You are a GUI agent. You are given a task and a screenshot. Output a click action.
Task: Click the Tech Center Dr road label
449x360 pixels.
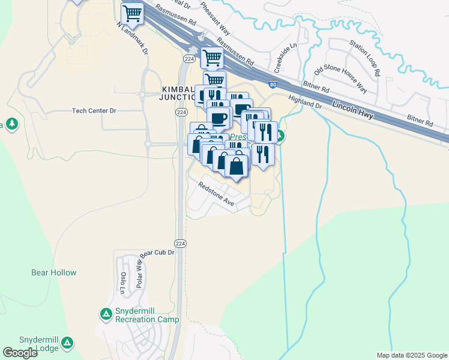click(94, 111)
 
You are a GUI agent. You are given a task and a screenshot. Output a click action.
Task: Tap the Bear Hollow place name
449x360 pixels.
click(54, 272)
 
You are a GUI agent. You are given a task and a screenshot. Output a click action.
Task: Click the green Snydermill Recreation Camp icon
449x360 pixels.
click(106, 313)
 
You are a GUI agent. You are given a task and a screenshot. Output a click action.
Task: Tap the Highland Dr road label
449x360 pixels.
click(306, 101)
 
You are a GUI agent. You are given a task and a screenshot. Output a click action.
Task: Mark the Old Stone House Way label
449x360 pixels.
click(345, 77)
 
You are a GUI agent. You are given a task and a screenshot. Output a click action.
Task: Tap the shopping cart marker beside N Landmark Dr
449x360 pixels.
click(132, 13)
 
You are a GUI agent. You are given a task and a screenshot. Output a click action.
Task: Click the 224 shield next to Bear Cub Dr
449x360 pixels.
click(180, 243)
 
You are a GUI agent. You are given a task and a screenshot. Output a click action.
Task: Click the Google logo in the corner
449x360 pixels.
click(20, 352)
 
